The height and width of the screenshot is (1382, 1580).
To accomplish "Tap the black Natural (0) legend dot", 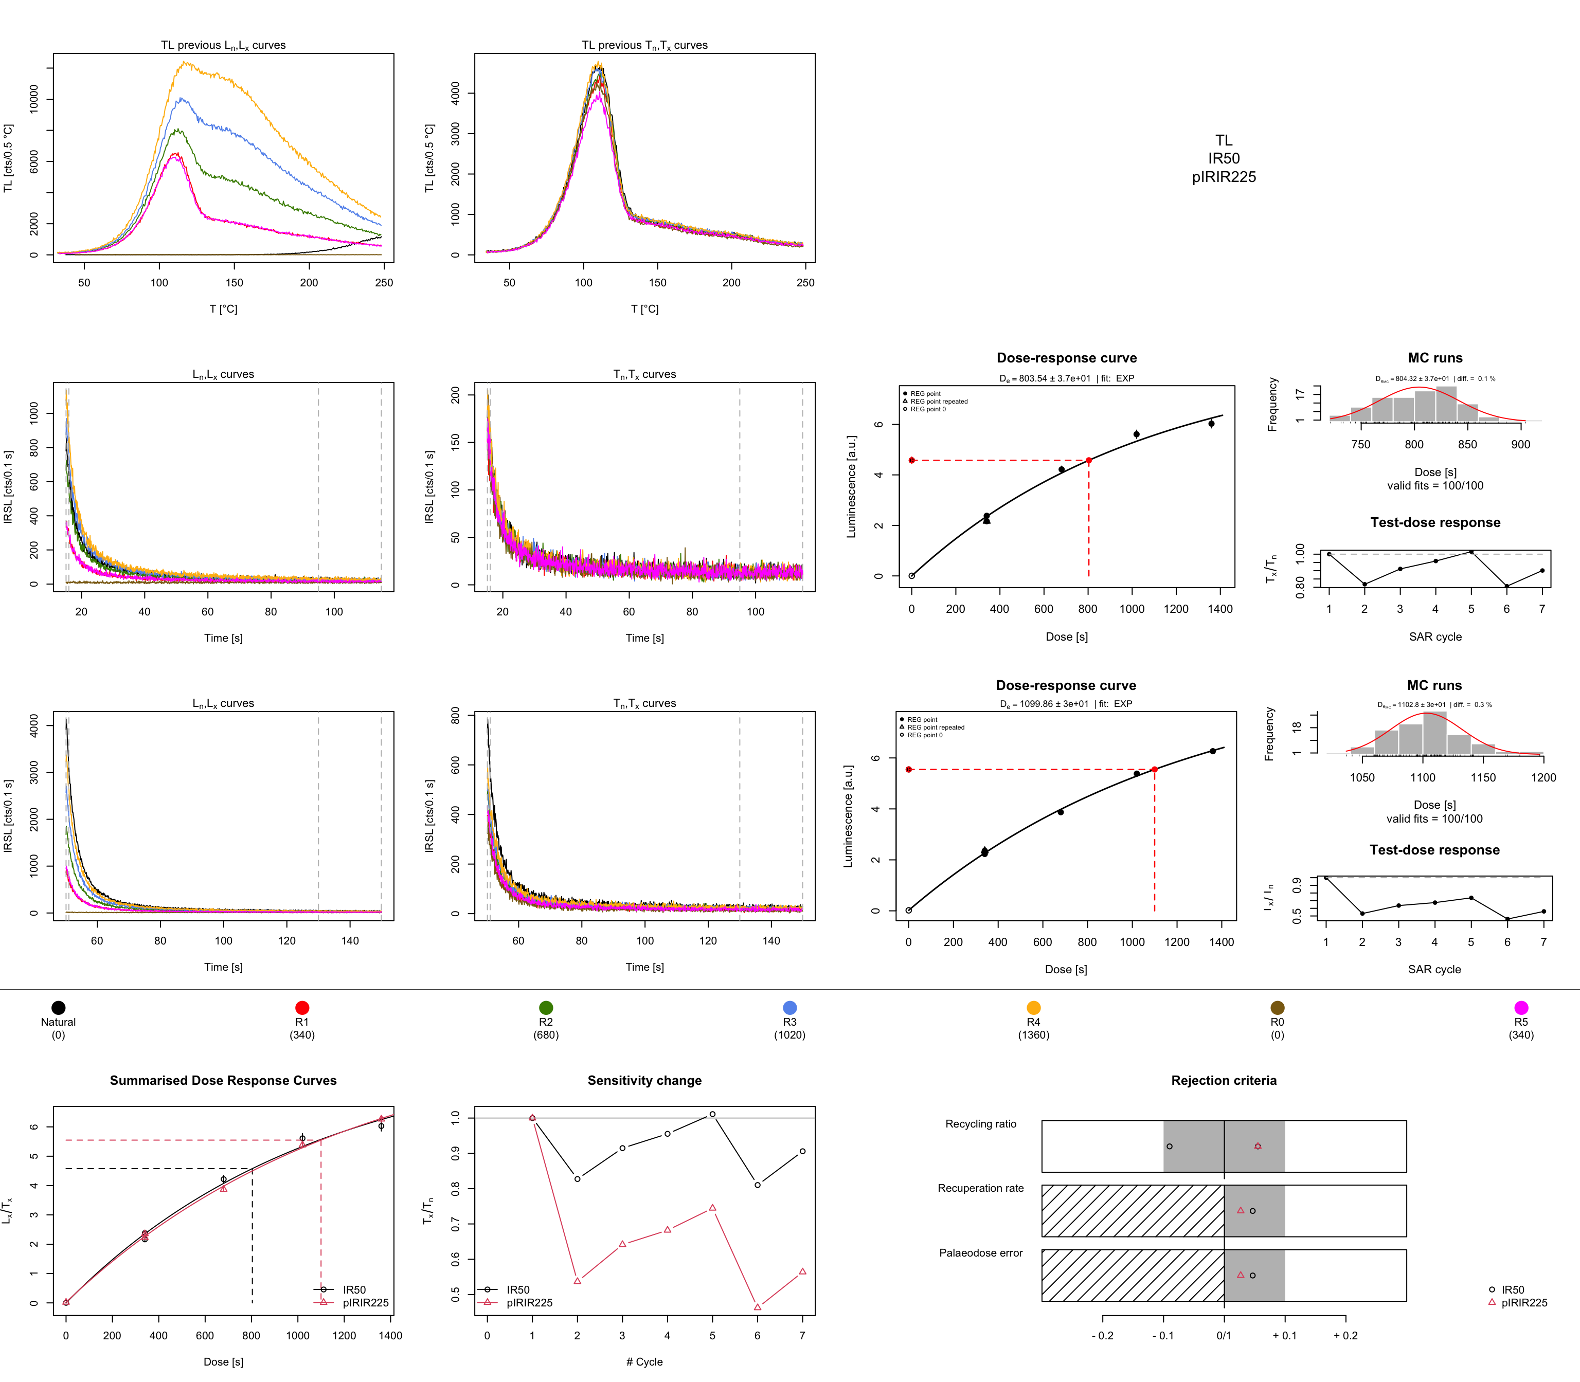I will pos(58,1007).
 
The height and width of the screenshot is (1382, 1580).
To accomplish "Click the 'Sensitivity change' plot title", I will pos(644,1081).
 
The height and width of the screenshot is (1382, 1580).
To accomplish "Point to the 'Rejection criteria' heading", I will pos(1224,1081).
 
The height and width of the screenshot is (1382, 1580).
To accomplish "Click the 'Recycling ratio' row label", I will pos(980,1124).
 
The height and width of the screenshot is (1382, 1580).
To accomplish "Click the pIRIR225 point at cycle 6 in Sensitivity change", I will pos(758,1307).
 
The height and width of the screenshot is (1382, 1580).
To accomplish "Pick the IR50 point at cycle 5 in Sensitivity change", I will pos(712,1115).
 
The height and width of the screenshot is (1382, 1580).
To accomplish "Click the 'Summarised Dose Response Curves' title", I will pos(223,1081).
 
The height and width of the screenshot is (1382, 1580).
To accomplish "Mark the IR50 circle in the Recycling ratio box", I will pos(1170,1147).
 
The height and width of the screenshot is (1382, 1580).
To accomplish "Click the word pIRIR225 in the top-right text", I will pos(1224,177).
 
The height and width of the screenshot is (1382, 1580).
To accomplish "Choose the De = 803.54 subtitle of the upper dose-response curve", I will pos(1066,378).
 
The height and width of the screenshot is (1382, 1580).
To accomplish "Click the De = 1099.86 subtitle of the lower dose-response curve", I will pos(1066,704).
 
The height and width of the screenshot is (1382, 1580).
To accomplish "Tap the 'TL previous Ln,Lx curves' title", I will pos(223,45).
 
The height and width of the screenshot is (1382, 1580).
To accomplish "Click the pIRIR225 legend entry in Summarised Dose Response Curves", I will pos(365,1303).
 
